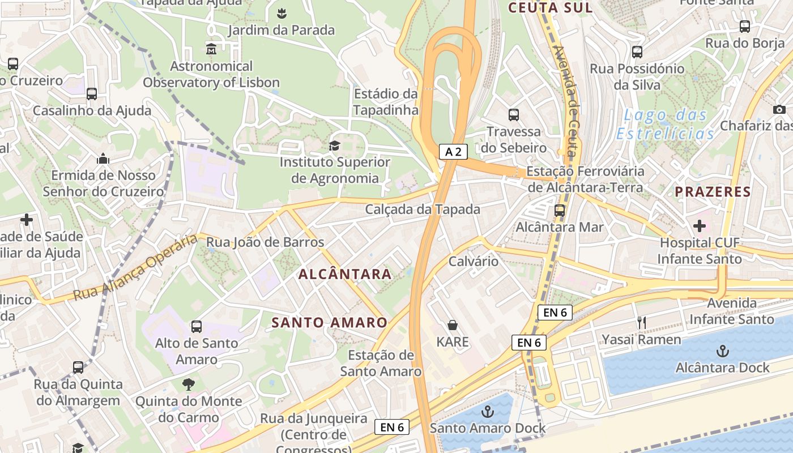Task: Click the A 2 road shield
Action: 453,151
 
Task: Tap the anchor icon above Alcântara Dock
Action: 722,352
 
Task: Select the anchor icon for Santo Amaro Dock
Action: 487,412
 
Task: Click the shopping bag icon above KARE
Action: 453,325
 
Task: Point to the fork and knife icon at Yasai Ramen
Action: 642,323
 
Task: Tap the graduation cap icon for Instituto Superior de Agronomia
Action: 334,146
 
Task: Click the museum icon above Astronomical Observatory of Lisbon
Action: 212,49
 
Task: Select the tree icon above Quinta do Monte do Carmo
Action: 188,384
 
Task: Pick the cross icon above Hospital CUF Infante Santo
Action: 700,226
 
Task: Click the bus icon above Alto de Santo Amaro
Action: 197,327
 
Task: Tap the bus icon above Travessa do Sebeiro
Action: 514,115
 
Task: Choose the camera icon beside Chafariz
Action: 779,109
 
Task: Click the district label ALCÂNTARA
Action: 345,275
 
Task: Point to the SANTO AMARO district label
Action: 330,323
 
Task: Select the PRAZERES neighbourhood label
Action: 713,192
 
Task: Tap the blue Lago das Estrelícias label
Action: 666,125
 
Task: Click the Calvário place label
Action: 474,262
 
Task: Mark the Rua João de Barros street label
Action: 265,242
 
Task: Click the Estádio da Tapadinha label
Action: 386,102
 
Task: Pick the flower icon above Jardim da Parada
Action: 282,12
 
